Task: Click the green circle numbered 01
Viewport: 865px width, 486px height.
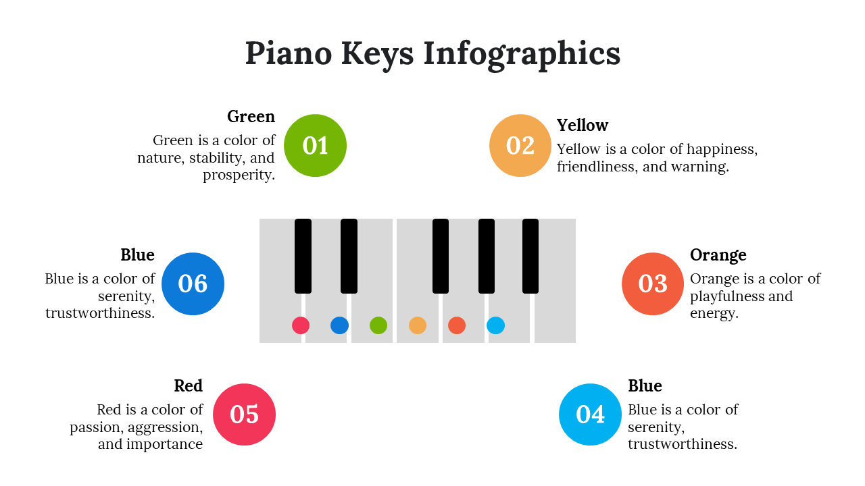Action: click(315, 145)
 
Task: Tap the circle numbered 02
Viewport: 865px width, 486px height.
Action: click(520, 145)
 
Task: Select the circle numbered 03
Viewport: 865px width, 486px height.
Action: click(653, 284)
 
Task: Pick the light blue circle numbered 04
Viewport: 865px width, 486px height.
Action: click(590, 414)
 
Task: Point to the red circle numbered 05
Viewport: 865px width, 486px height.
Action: click(244, 414)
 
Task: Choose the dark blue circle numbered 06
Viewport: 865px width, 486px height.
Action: click(193, 284)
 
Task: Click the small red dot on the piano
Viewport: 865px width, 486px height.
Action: click(301, 325)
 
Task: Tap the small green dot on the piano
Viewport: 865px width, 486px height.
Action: click(378, 325)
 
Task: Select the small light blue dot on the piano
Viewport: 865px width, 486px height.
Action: click(496, 325)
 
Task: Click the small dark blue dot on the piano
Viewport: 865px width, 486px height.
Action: click(339, 325)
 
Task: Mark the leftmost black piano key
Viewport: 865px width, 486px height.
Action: click(303, 256)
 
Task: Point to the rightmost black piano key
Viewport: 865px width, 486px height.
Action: click(530, 256)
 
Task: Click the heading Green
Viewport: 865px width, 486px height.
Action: click(251, 117)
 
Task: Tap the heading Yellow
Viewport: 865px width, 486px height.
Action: click(583, 126)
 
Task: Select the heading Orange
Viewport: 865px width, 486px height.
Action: click(718, 255)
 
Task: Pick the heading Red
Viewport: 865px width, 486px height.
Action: click(189, 385)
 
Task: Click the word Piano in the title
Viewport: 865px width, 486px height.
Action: click(289, 53)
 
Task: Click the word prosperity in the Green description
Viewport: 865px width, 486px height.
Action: click(239, 175)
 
